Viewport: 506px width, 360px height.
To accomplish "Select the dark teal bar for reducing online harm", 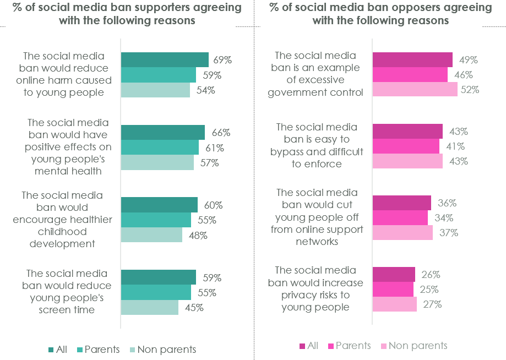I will click(164, 59).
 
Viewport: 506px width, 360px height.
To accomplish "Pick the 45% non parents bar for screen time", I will click(149, 307).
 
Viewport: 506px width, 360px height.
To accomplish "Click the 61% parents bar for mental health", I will click(159, 148).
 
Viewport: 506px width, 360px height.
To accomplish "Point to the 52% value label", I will click(470, 90).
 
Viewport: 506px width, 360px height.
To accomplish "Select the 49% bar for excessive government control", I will click(412, 60).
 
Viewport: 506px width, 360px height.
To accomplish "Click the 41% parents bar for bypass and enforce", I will click(406, 146).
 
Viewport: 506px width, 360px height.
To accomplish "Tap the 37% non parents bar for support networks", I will click(402, 233).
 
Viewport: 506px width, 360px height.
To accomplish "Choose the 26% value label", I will click(431, 275).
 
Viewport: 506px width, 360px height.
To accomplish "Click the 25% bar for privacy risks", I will click(393, 289).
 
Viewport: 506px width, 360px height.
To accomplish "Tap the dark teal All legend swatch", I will click(51, 349).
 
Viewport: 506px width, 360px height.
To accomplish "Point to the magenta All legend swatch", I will click(302, 346).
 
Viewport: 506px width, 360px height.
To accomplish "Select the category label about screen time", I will click(67, 291).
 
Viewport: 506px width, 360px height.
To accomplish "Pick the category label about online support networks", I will click(317, 217).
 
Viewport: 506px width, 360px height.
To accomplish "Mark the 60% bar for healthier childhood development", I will click(159, 205).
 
